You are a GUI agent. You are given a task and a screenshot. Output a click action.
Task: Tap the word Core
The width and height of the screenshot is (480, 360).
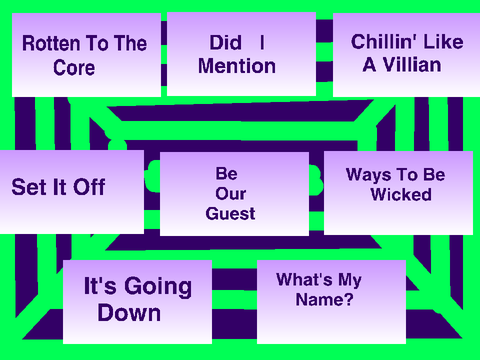pos(74,68)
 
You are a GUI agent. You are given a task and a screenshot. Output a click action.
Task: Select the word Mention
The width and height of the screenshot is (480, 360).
pos(237,66)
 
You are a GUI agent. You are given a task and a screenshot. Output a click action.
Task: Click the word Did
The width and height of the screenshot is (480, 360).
pos(226,42)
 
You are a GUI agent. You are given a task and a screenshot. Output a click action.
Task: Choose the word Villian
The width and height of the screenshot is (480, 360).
pos(412,65)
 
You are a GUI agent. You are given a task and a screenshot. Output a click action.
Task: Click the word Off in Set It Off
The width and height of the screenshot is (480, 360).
pos(89,187)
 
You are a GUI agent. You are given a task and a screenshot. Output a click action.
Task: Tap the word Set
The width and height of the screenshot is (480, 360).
pos(28,187)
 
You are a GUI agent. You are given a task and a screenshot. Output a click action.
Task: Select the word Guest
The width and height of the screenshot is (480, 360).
pos(230,214)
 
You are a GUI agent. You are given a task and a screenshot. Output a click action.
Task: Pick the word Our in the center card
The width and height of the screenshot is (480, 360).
pos(231,194)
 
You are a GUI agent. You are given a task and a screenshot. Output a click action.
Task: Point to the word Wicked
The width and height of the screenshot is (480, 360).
pos(401,195)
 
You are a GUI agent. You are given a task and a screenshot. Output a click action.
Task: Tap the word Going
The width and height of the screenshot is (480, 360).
pos(158,287)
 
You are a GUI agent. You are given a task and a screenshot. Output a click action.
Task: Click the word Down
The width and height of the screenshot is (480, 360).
pos(129,313)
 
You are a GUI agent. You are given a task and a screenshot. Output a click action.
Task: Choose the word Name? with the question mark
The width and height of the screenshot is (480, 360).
pos(324,299)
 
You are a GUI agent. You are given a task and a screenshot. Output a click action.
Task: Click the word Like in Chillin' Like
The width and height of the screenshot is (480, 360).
pos(443,42)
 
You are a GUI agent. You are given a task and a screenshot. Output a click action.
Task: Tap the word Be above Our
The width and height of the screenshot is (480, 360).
pos(227,174)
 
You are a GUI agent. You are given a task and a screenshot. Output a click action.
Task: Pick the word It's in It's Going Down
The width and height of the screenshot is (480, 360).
pos(100,286)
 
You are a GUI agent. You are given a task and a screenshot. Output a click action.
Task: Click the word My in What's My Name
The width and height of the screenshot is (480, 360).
pos(350,280)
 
